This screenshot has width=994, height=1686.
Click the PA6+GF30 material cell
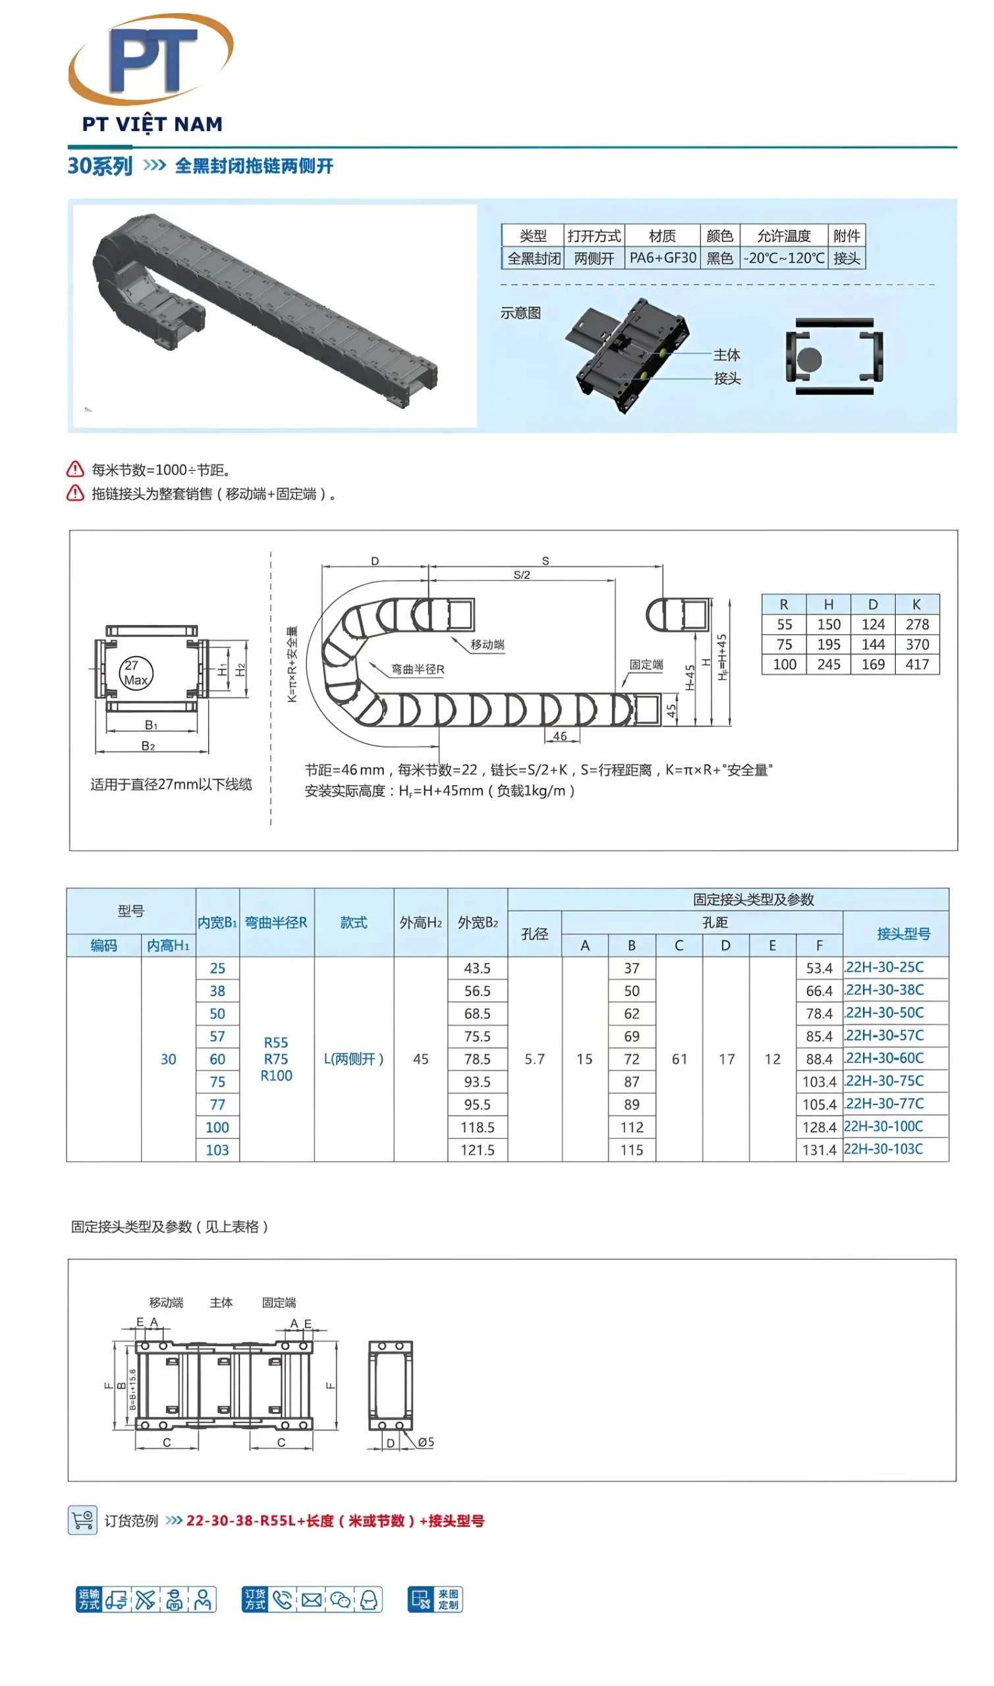coord(663,258)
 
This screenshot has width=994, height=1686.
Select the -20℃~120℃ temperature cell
coord(783,258)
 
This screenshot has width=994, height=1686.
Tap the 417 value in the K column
coord(916,665)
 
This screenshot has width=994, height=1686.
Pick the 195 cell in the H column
coord(828,644)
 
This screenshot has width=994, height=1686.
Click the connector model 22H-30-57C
coord(884,1035)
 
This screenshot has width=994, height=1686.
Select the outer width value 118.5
coord(477,1128)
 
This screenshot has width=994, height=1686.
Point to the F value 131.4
coord(819,1151)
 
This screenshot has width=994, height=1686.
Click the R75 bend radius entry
coord(275,1059)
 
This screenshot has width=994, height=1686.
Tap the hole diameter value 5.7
coord(534,1059)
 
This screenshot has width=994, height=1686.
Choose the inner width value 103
coord(217,1151)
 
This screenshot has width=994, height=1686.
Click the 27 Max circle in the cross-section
coord(136,673)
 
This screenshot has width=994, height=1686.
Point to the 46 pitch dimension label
coord(559,736)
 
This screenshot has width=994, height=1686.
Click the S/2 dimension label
coord(521,575)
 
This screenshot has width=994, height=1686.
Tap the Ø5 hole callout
coord(426,1442)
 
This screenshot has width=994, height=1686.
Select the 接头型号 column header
coord(903,934)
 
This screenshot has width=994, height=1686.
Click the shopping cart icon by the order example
coord(82,1520)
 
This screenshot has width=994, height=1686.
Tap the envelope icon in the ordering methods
coord(312,1600)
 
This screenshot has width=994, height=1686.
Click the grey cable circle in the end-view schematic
coord(808,360)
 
